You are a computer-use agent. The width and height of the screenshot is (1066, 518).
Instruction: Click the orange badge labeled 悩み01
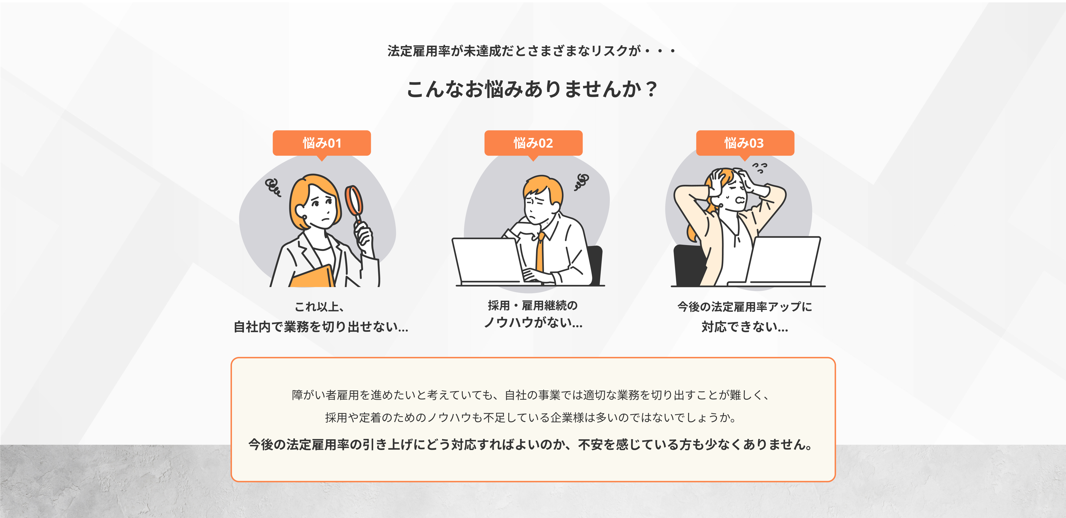[321, 143]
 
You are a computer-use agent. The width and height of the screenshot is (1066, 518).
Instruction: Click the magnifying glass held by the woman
[354, 201]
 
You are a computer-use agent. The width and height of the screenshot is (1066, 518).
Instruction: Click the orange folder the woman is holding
[312, 277]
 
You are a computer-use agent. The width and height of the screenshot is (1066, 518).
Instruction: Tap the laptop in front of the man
[486, 261]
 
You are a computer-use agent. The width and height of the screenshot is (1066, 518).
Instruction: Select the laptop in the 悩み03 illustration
[784, 261]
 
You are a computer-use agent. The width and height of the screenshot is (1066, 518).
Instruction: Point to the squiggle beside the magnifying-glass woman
[273, 187]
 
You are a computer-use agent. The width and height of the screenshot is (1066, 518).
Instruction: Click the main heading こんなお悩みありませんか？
[532, 89]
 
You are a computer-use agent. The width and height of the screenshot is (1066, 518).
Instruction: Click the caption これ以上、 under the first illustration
[319, 307]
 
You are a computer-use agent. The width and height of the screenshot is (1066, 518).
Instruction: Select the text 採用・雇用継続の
[533, 306]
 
